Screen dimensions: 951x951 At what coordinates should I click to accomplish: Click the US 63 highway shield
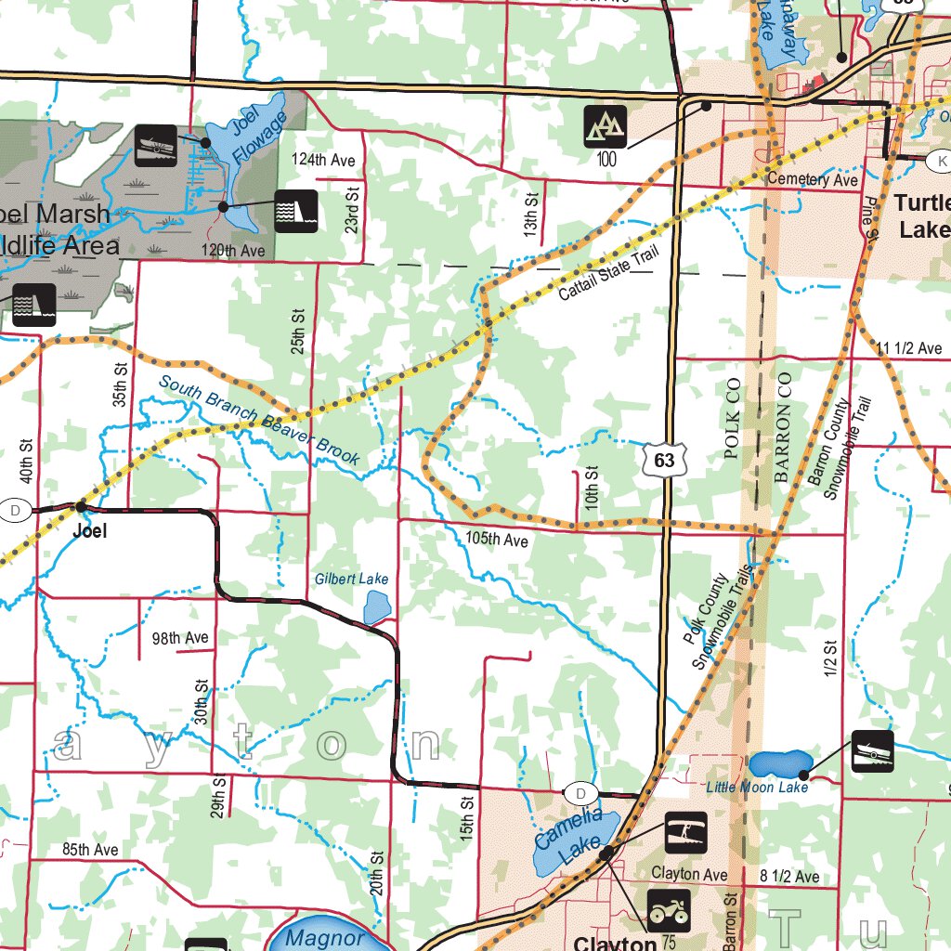663,460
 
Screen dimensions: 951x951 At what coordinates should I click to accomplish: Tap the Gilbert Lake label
351,580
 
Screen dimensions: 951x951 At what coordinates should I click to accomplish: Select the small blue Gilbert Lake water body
376,607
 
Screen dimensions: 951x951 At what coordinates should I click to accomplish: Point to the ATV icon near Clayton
668,911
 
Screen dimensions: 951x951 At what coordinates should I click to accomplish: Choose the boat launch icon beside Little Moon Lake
872,751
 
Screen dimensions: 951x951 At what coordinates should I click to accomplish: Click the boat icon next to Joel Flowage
155,145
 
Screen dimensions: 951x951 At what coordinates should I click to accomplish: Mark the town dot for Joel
82,506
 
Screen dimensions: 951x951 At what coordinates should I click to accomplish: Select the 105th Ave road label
497,540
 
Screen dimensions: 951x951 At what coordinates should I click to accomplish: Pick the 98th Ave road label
180,638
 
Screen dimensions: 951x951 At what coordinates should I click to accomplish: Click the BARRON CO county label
782,426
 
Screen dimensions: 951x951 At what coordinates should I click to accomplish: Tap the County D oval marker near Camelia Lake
580,793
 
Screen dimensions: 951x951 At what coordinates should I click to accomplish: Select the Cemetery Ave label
813,179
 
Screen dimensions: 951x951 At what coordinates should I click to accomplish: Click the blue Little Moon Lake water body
778,765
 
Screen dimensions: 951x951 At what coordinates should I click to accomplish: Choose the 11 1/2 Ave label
909,348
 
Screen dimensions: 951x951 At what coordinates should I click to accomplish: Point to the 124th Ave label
323,161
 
